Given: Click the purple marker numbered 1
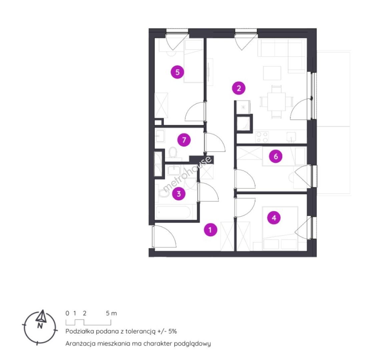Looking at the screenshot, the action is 211,230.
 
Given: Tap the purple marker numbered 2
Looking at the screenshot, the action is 239,88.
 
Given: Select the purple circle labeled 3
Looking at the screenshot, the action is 179,194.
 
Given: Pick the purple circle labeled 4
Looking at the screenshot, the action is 274,218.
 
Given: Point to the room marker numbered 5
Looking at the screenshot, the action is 177,72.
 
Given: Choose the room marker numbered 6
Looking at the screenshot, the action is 276,156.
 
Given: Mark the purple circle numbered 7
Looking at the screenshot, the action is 184,140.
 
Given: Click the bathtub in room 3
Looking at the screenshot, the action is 173,212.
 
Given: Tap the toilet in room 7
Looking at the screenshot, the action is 173,153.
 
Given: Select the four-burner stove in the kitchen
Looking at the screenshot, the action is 262,137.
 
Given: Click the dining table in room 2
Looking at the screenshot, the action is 277,102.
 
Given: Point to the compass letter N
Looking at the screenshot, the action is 40,326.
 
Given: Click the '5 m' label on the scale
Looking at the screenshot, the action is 111,313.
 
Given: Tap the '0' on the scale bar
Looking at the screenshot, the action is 67,313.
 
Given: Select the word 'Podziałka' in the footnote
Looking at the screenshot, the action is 80,331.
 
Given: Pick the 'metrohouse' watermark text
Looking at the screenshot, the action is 187,174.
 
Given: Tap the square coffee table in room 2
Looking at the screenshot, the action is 272,73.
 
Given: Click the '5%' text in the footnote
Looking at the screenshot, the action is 172,331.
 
